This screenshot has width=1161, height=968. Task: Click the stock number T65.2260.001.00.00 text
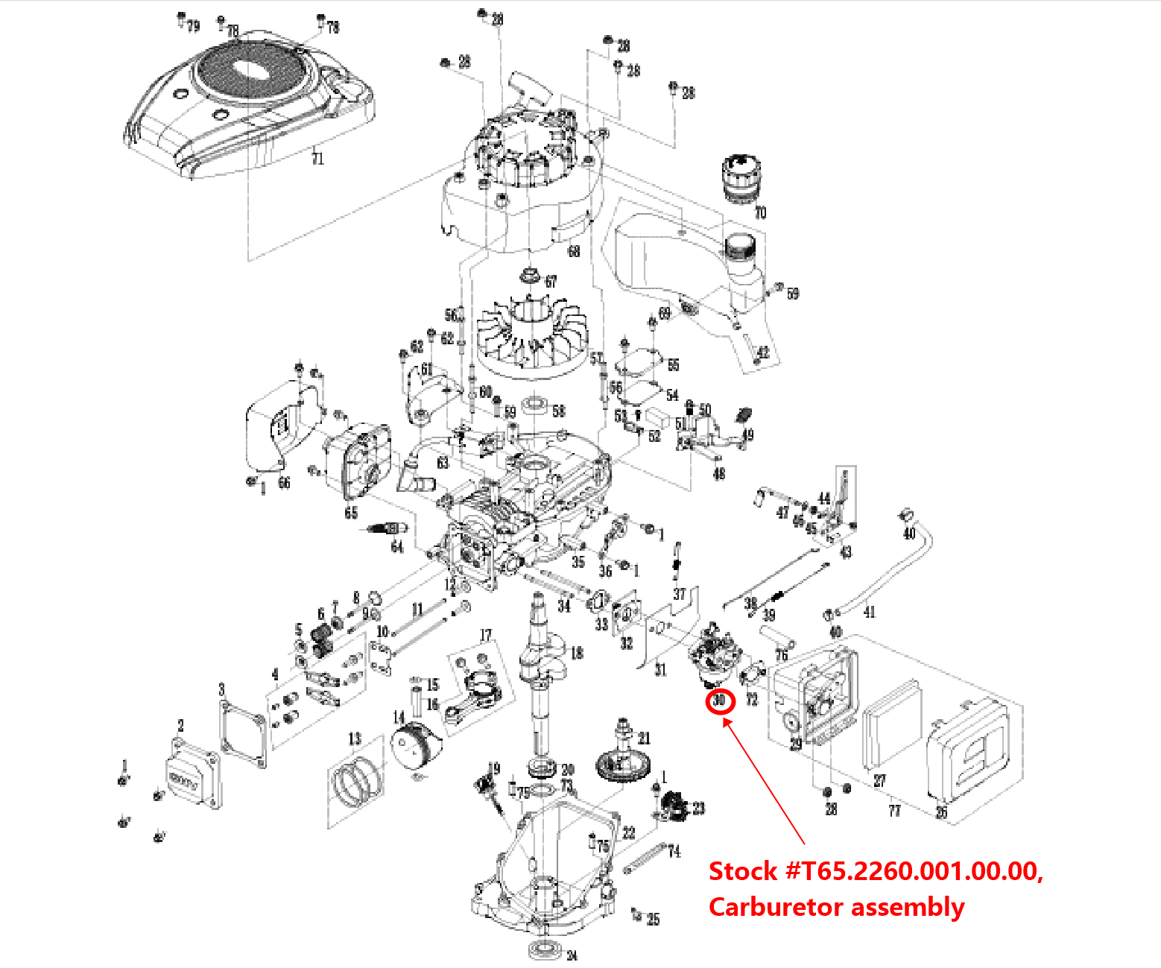coord(876,871)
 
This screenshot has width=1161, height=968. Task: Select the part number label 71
coord(317,159)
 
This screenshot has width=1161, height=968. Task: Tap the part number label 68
coord(573,251)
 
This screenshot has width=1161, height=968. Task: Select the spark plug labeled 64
coord(386,528)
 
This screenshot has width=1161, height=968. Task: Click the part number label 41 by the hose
coord(869,612)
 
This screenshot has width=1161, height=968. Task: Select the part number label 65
coord(351,513)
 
